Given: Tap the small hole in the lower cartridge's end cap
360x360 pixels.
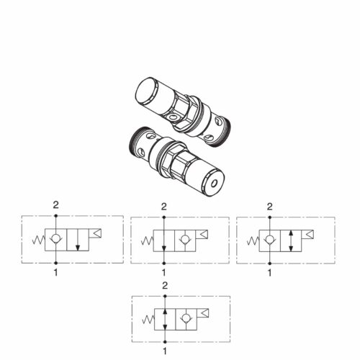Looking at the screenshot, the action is click(x=214, y=184).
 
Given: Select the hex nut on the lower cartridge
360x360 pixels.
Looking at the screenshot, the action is click(x=175, y=161).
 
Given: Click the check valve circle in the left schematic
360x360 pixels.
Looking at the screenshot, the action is click(x=55, y=239).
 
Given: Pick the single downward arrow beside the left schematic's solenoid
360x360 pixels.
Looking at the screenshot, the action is click(x=78, y=240).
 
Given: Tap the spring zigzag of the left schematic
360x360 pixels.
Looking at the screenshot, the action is click(x=39, y=240).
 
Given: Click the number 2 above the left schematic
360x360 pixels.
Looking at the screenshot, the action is click(x=55, y=205).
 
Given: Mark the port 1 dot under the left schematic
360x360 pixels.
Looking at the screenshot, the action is click(x=55, y=263).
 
